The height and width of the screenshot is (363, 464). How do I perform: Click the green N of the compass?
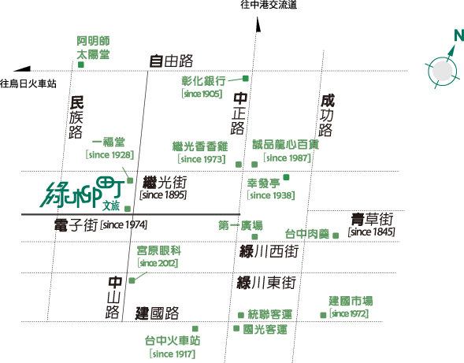click(x=459, y=35)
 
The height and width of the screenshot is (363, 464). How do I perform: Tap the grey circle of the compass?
click(x=443, y=72)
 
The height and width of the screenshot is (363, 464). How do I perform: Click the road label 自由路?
click(x=171, y=61)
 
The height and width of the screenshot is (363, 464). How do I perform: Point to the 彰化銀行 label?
click(x=203, y=81)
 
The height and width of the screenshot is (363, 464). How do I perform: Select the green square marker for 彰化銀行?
click(x=245, y=79)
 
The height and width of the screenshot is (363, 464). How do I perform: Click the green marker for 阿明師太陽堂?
click(x=81, y=65)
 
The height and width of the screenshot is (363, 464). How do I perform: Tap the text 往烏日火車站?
click(x=28, y=83)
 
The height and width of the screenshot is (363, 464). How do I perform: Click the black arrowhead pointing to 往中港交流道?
click(x=258, y=24)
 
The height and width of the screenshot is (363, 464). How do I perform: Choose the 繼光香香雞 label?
click(x=200, y=146)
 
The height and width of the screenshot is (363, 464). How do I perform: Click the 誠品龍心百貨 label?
click(x=285, y=144)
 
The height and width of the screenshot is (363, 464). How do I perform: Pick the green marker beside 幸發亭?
click(x=286, y=177)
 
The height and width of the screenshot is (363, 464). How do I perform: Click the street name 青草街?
click(x=372, y=219)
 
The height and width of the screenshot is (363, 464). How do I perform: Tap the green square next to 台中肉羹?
click(x=336, y=235)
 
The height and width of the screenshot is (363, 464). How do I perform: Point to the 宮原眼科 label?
click(x=159, y=250)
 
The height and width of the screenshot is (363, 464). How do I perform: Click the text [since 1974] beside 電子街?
click(x=124, y=225)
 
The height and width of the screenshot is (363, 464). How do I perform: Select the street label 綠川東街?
click(x=266, y=282)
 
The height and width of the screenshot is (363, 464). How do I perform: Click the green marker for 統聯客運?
click(x=241, y=315)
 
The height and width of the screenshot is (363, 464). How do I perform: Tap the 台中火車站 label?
click(x=173, y=340)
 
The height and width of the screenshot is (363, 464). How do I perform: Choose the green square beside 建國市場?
click(x=323, y=316)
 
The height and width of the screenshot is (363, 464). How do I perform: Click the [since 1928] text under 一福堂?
click(x=110, y=154)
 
